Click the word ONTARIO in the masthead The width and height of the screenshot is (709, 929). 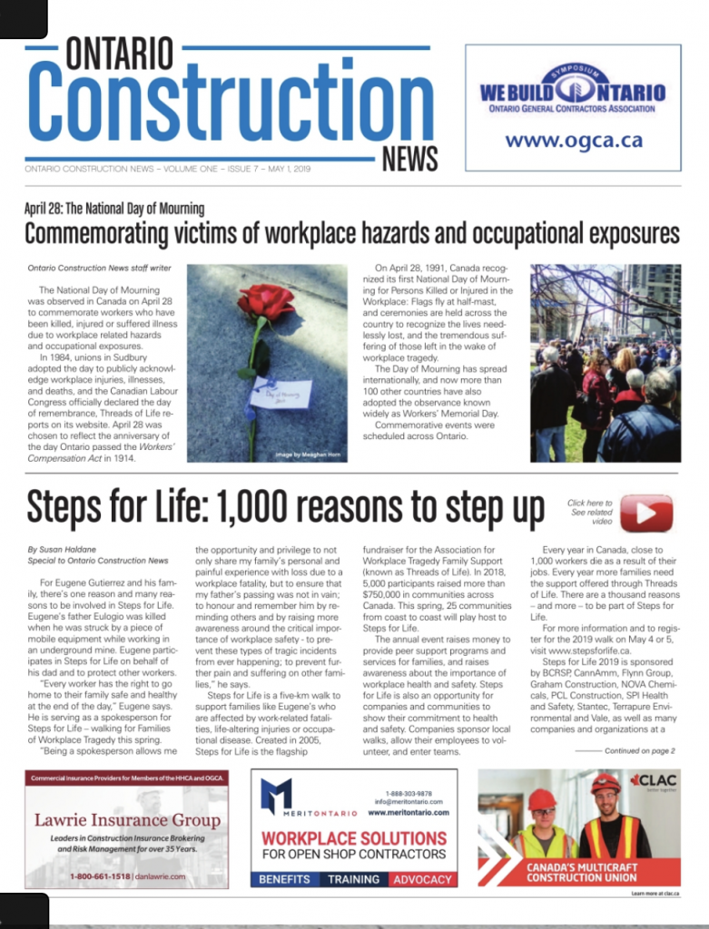point(119,54)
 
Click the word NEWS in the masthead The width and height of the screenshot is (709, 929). point(410,159)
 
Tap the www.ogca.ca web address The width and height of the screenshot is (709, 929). point(573,140)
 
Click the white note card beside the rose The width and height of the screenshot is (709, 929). point(281,392)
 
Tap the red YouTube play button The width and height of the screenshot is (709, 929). point(646,513)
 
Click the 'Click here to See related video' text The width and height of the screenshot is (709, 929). point(590,512)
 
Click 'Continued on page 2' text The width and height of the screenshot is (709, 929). point(639,750)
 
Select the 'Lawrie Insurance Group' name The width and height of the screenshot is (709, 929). point(127,820)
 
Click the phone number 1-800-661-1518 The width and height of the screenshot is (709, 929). point(101,876)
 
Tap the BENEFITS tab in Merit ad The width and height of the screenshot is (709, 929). point(285,879)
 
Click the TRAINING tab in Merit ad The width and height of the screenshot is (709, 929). point(353,879)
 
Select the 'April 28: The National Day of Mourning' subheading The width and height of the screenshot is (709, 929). point(114,209)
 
